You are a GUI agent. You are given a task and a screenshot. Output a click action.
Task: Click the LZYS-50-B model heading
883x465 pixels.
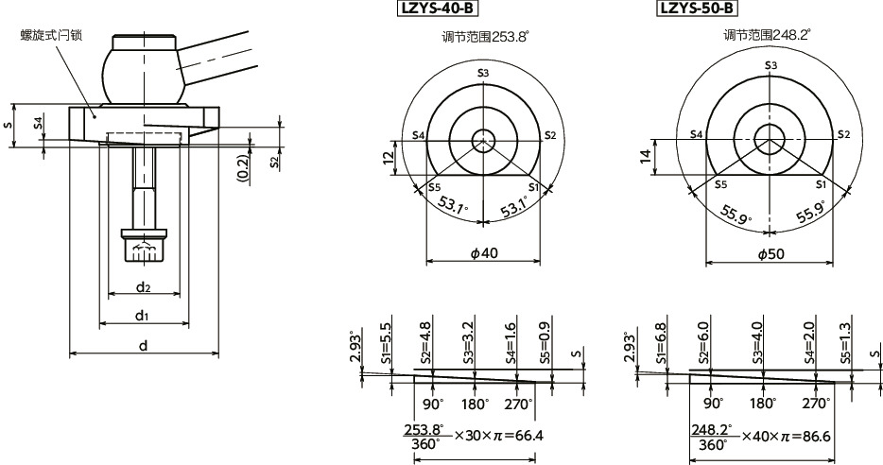click(695, 9)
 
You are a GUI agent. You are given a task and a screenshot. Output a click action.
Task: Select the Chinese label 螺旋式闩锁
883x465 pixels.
click(51, 35)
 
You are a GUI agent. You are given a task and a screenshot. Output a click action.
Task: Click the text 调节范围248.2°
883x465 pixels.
click(768, 35)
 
